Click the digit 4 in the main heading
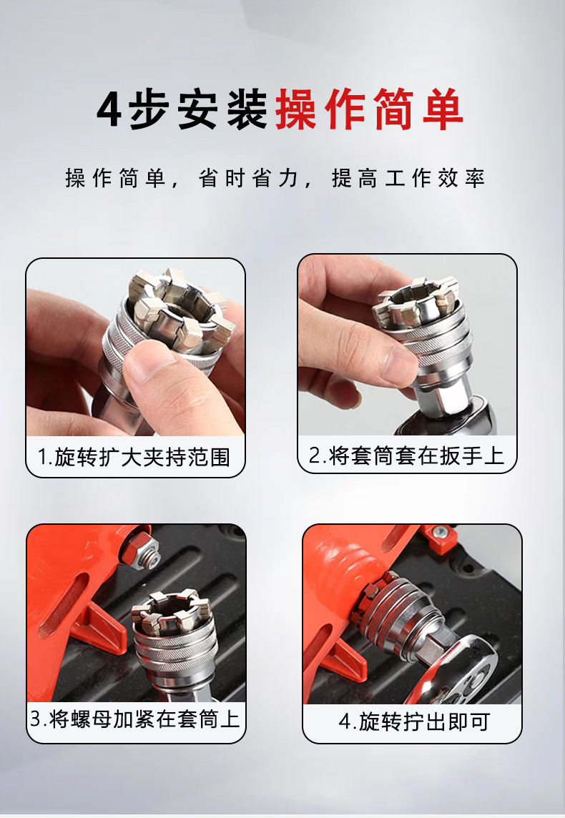pyautogui.click(x=109, y=109)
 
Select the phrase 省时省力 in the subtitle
pyautogui.click(x=247, y=179)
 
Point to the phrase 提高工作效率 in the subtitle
pyautogui.click(x=408, y=179)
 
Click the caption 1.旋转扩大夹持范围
pyautogui.click(x=134, y=457)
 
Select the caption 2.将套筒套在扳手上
pyautogui.click(x=406, y=455)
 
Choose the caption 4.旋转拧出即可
pyautogui.click(x=414, y=721)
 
